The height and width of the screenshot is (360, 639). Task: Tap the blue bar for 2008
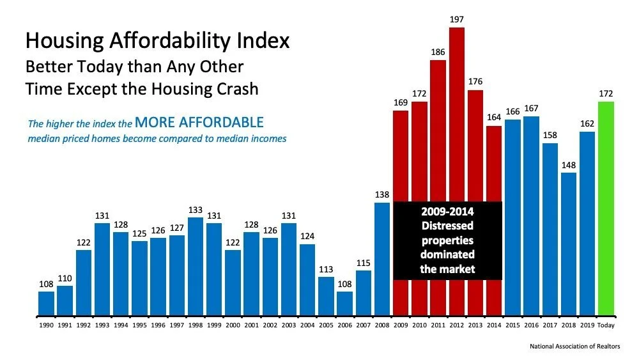coord(382,259)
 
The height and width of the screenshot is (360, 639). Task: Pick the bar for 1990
coord(46,303)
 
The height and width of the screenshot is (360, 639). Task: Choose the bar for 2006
coord(344,303)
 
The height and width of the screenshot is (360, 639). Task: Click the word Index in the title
coord(263,42)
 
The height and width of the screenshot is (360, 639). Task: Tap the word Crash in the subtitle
coord(235,88)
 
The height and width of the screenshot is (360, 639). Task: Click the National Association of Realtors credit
coord(574,346)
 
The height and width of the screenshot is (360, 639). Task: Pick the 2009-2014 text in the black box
coord(447,212)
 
